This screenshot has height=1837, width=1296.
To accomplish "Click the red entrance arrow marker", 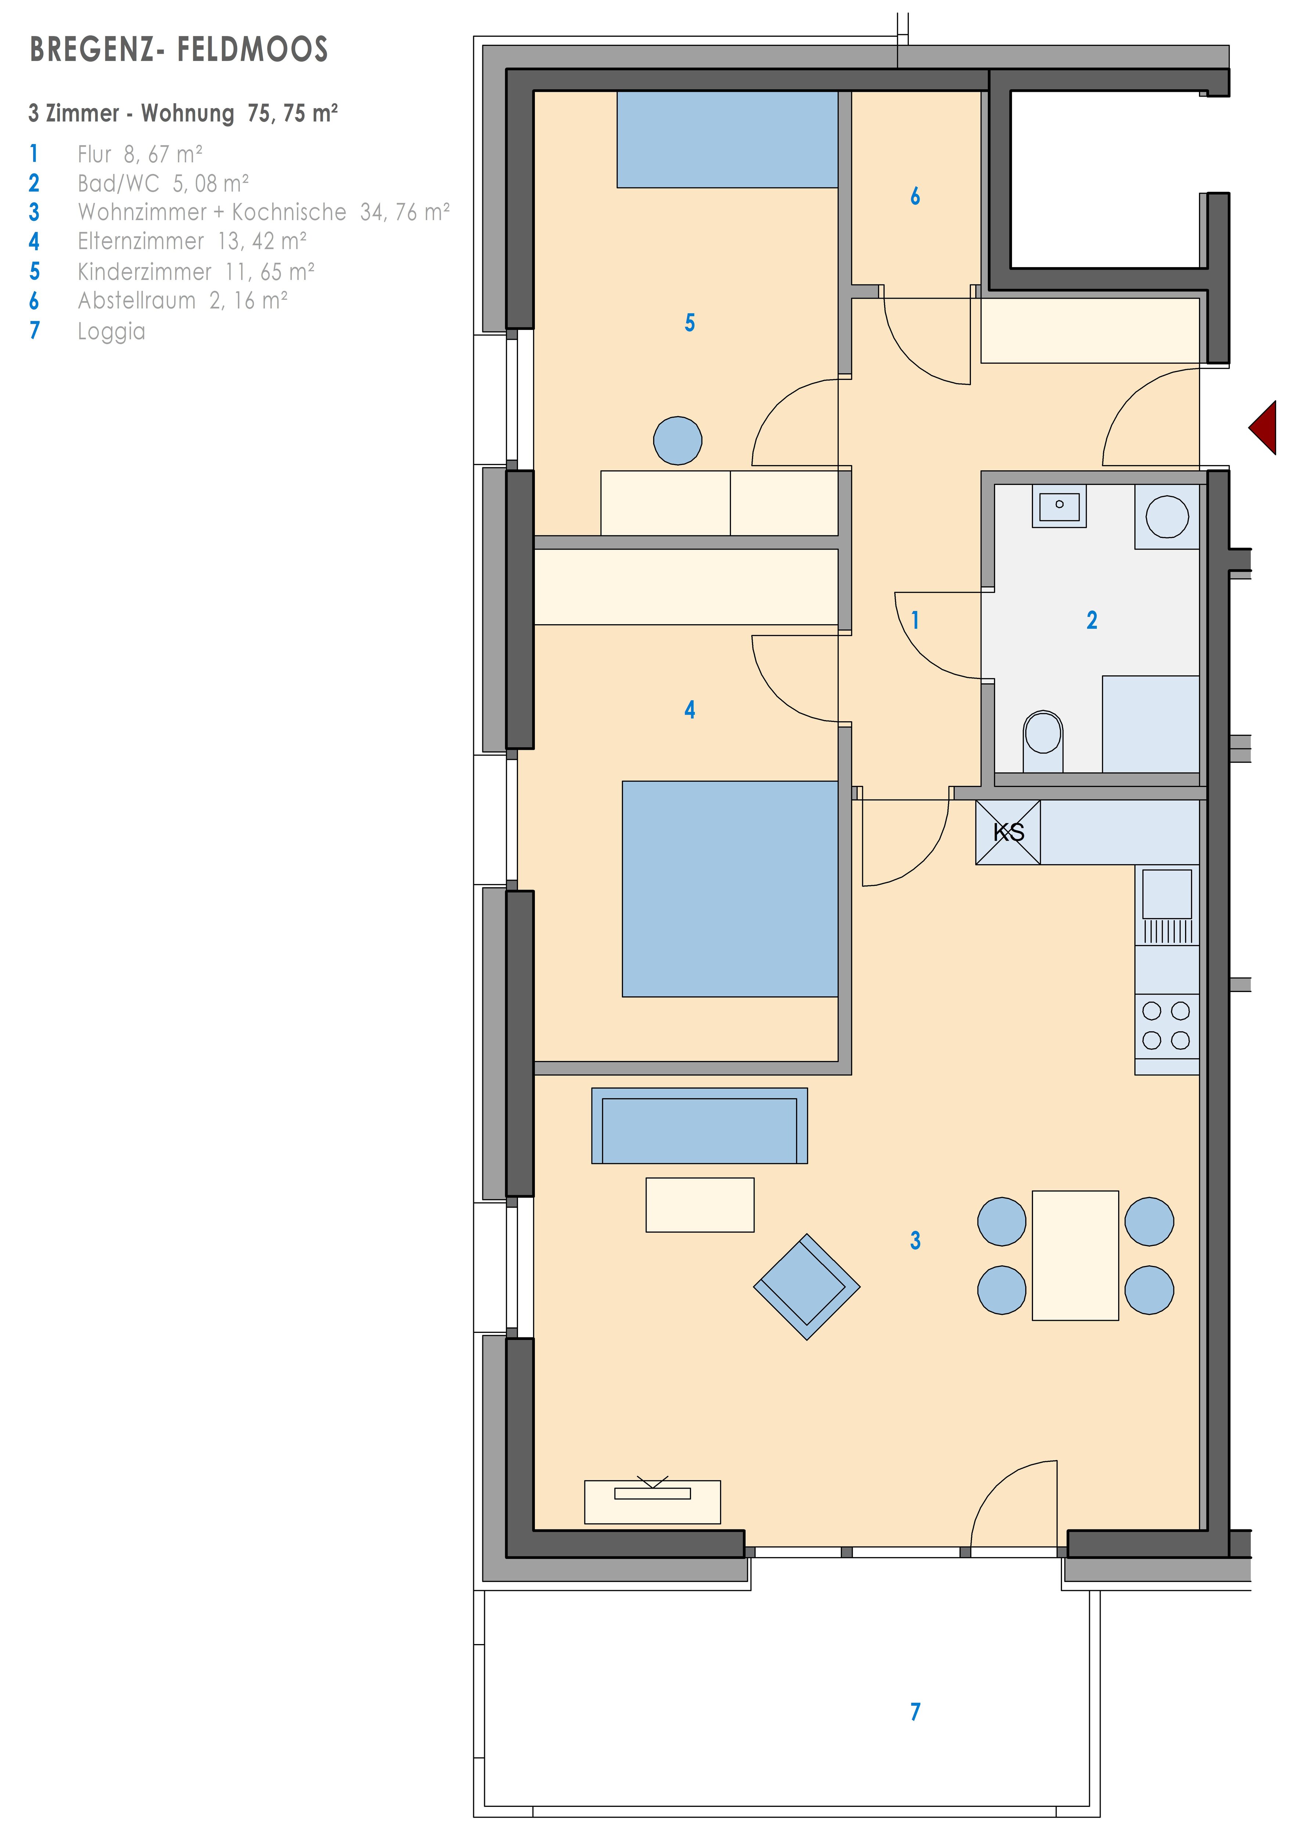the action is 1265,428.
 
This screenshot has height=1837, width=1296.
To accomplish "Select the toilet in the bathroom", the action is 1043,740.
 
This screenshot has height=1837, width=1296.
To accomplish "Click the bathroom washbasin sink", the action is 1059,506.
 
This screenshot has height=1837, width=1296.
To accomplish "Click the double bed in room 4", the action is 730,889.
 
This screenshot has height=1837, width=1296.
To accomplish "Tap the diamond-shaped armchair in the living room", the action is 806,1287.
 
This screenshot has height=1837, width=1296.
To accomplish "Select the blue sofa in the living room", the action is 699,1126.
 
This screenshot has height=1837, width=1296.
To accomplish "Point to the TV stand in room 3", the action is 653,1502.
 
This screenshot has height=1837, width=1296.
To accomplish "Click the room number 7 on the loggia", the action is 915,1711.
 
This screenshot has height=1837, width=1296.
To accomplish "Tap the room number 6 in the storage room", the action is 915,196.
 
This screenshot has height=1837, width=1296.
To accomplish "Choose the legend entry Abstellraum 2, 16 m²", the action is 183,301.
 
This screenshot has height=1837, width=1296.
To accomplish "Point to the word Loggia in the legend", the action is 111,331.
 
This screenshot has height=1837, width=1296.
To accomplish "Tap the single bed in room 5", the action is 727,139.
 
